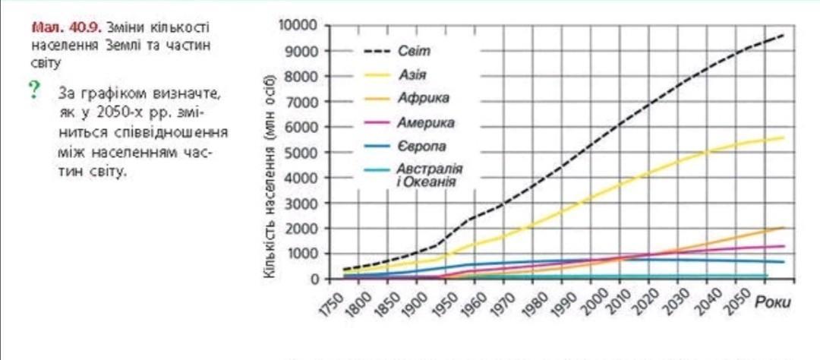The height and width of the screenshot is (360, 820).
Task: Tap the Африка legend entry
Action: pos(423,99)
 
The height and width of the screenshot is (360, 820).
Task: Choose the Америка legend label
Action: pos(426,122)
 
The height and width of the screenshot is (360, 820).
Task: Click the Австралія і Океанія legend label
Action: pos(429,174)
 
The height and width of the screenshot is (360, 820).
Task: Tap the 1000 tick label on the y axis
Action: pos(301,254)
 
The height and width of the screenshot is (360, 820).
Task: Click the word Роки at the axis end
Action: pos(773,304)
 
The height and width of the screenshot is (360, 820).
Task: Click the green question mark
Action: pos(33,91)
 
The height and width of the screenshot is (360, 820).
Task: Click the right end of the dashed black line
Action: pos(783,35)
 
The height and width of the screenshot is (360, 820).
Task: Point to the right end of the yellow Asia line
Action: pos(783,137)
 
